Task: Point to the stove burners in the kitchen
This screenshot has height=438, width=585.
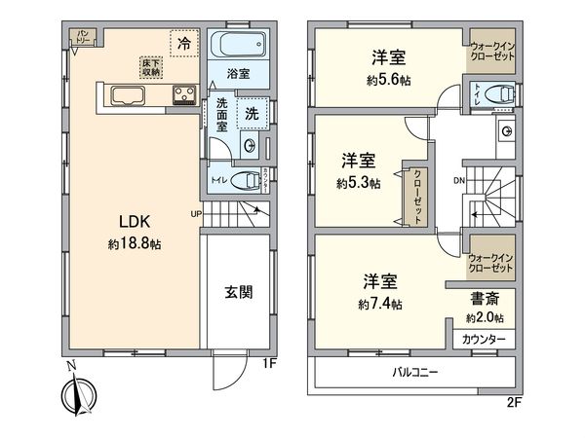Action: (185, 94)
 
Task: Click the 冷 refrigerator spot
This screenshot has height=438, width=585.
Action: (183, 44)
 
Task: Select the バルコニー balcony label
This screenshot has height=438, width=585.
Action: (415, 372)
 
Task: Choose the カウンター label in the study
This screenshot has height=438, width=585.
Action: (484, 338)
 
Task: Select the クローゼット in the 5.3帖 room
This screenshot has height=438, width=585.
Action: (417, 195)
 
